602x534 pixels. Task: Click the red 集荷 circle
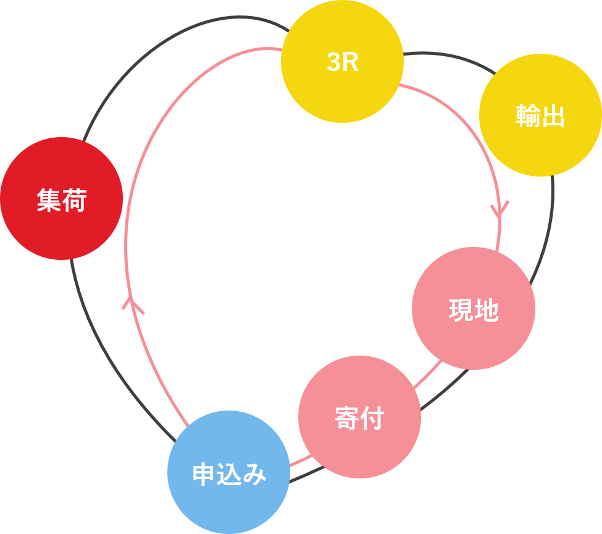pyautogui.click(x=61, y=198)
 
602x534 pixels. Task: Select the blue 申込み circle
pyautogui.click(x=228, y=472)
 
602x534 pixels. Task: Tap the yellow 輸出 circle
pyautogui.click(x=540, y=115)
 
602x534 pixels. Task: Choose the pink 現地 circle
pyautogui.click(x=474, y=309)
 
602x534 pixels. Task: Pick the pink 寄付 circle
pyautogui.click(x=359, y=417)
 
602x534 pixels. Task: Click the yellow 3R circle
pyautogui.click(x=342, y=62)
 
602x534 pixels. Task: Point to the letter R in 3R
pyautogui.click(x=351, y=63)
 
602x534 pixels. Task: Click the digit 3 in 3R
pyautogui.click(x=333, y=63)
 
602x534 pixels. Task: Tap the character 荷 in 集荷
pyautogui.click(x=75, y=201)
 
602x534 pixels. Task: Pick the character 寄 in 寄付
pyautogui.click(x=346, y=419)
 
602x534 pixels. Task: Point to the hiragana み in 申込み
pyautogui.click(x=255, y=475)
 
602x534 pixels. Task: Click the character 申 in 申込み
pyautogui.click(x=204, y=475)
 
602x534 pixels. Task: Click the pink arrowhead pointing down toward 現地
pyautogui.click(x=500, y=209)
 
